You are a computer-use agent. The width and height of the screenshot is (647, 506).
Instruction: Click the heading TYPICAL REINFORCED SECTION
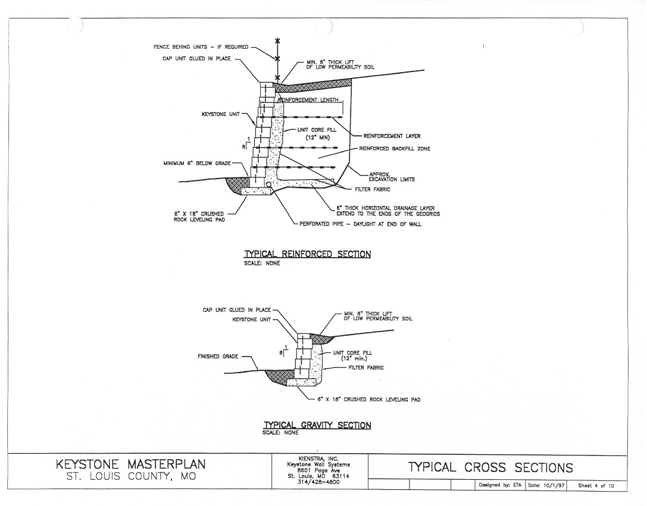tap(307, 254)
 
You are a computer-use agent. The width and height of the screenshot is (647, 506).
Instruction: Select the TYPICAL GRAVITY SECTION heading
tap(317, 424)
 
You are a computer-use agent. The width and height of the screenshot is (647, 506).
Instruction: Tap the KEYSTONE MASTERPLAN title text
tap(130, 464)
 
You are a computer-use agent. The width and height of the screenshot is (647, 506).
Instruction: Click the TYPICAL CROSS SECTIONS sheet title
tap(490, 467)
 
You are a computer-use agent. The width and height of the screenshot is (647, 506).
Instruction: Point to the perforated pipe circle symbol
tap(268, 185)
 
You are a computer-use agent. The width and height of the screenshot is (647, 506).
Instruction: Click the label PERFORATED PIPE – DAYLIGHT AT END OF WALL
tap(360, 224)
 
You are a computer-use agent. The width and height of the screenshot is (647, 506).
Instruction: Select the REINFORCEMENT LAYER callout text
tap(392, 136)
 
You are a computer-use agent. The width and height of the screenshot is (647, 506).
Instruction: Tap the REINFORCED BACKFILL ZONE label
tap(395, 149)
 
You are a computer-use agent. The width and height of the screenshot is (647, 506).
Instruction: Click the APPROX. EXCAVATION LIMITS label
tap(392, 177)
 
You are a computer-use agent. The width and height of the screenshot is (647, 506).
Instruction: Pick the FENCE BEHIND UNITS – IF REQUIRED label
tap(201, 46)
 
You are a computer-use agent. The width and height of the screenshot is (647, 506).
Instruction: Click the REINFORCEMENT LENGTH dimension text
tap(308, 100)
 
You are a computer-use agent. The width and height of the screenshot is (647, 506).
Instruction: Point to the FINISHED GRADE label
tap(218, 356)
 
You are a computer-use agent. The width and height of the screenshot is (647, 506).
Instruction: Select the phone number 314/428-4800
tap(318, 482)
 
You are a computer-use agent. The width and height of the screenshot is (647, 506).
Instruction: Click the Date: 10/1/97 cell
tap(546, 485)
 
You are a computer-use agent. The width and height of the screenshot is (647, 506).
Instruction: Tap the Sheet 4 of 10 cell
tap(596, 485)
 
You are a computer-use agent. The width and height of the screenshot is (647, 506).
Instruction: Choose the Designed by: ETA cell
tap(500, 485)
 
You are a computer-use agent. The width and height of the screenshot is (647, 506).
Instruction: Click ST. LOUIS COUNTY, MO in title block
tap(131, 476)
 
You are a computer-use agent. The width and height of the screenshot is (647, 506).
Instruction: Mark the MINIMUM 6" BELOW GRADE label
tap(197, 164)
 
